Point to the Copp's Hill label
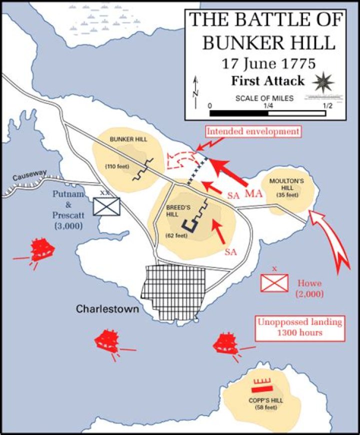tap(262, 400)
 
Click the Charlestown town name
tap(107, 309)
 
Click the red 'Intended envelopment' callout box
tap(253, 131)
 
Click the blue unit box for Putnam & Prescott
tap(106, 206)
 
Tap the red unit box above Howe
tap(274, 283)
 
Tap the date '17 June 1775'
tap(265, 64)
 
